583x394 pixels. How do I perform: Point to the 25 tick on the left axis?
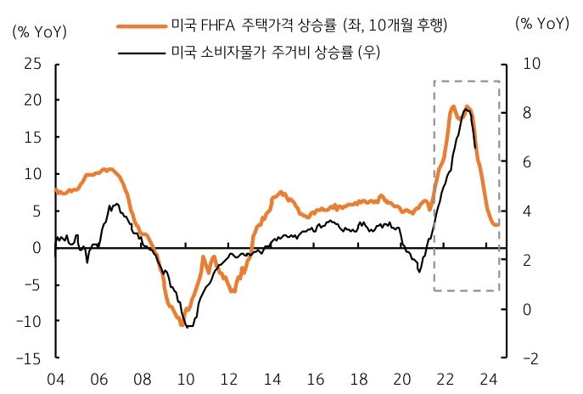33,63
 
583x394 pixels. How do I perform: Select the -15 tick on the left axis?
31,358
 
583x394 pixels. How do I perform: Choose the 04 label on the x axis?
55,380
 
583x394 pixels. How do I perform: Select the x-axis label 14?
272,380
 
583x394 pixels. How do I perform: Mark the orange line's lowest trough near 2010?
182,325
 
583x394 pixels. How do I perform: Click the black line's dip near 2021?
419,271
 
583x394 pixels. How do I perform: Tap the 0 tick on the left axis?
37,247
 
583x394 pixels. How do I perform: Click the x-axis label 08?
142,380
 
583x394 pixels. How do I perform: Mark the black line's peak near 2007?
115,205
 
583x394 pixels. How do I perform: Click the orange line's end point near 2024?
498,224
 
